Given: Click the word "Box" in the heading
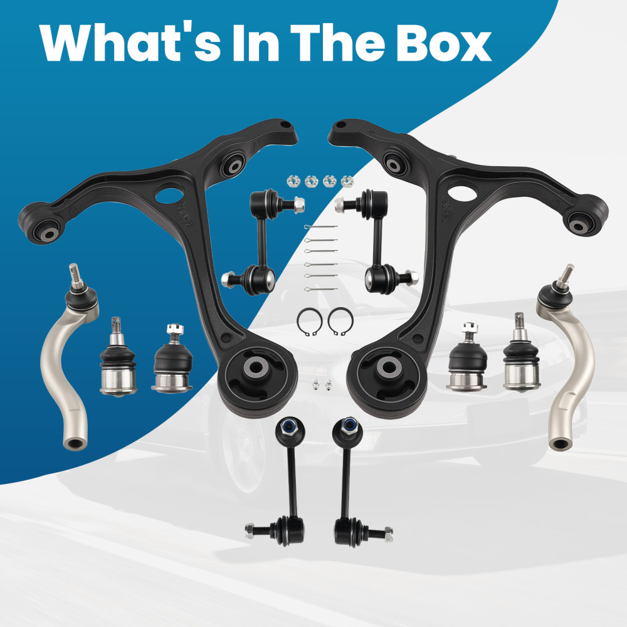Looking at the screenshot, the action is tap(443, 43).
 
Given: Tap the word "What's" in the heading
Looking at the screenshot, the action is tap(130, 43).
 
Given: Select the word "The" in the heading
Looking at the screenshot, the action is tap(337, 43).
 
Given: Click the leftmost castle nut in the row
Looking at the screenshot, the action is tap(293, 181).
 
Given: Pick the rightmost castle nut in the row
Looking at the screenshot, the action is tap(347, 181).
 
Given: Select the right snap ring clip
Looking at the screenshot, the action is tap(340, 322).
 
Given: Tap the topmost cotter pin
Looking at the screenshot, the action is tap(320, 227).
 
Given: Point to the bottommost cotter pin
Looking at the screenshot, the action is tap(320, 288).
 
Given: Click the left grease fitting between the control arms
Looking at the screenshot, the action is tap(316, 385).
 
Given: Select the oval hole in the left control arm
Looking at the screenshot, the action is tap(169, 195).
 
